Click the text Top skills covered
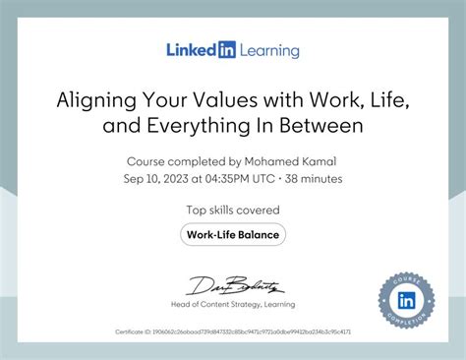pyautogui.click(x=233, y=210)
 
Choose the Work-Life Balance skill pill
pyautogui.click(x=233, y=234)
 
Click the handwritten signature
pyautogui.click(x=233, y=286)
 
